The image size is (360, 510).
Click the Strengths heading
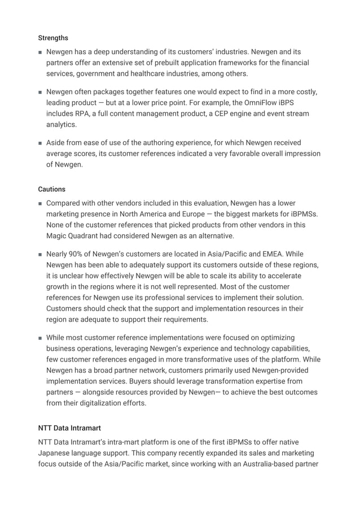coord(53,38)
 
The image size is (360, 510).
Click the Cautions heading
coord(51,189)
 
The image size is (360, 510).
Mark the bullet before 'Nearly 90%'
coord(40,255)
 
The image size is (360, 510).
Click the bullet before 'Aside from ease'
coord(40,143)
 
